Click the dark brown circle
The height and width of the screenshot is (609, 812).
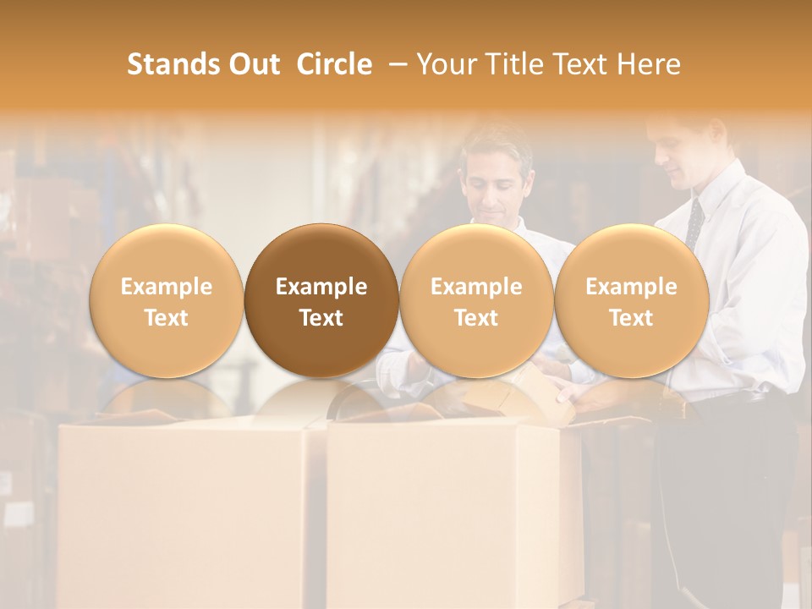[x=321, y=300]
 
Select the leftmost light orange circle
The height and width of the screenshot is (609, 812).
[x=166, y=300]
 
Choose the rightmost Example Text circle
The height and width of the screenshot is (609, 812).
[x=631, y=300]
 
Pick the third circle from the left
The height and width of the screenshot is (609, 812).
[x=476, y=300]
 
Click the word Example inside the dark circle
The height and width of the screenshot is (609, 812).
[x=321, y=287]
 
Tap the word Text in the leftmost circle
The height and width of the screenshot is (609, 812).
[x=166, y=318]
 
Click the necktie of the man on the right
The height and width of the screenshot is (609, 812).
[x=694, y=225]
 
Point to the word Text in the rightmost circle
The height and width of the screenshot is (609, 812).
[x=631, y=318]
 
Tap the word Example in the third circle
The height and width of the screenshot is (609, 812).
[x=476, y=287]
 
